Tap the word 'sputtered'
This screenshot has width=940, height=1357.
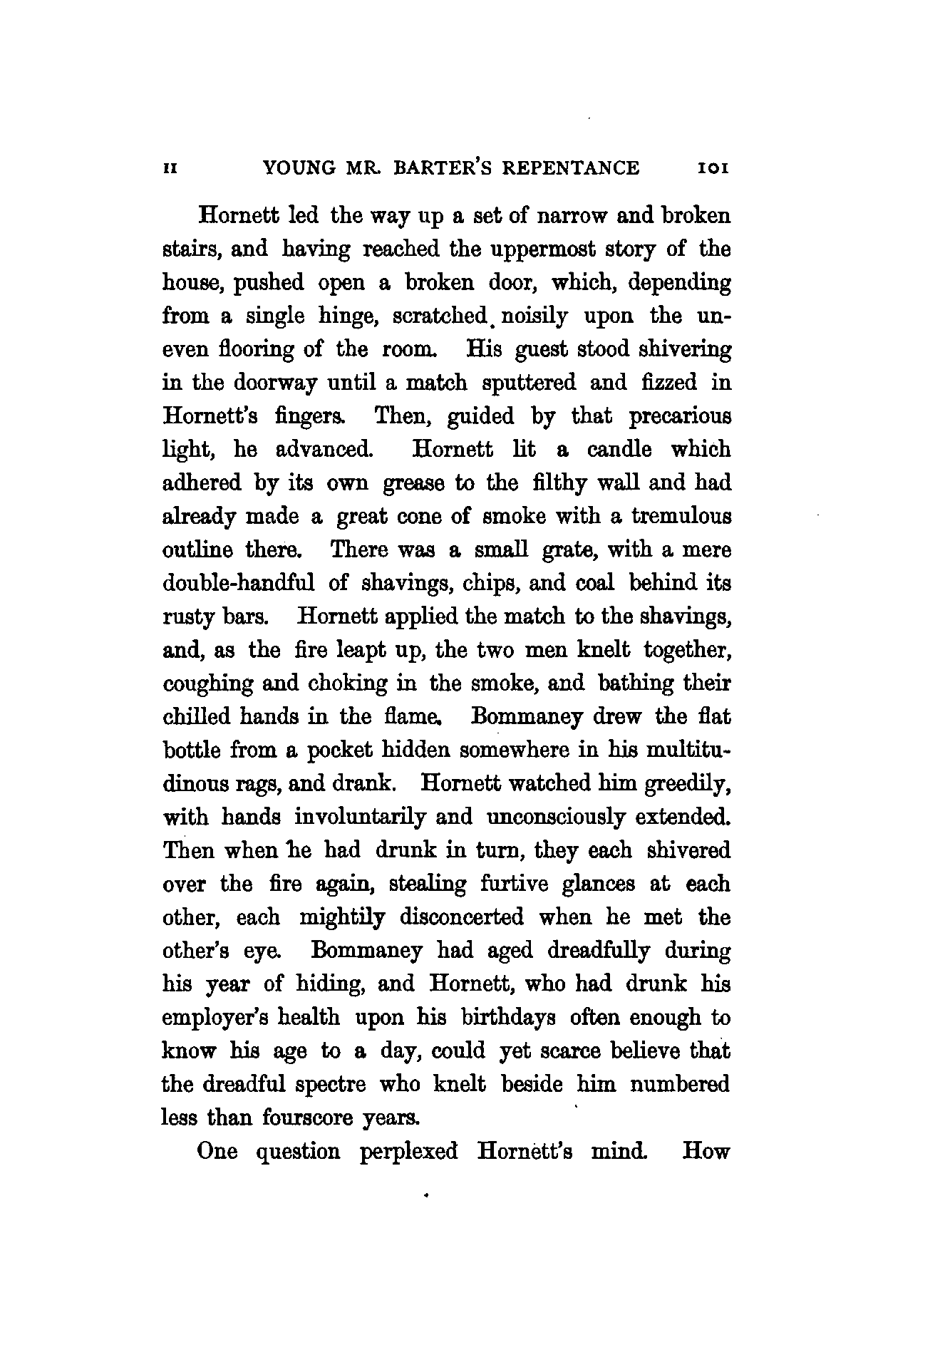(529, 383)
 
